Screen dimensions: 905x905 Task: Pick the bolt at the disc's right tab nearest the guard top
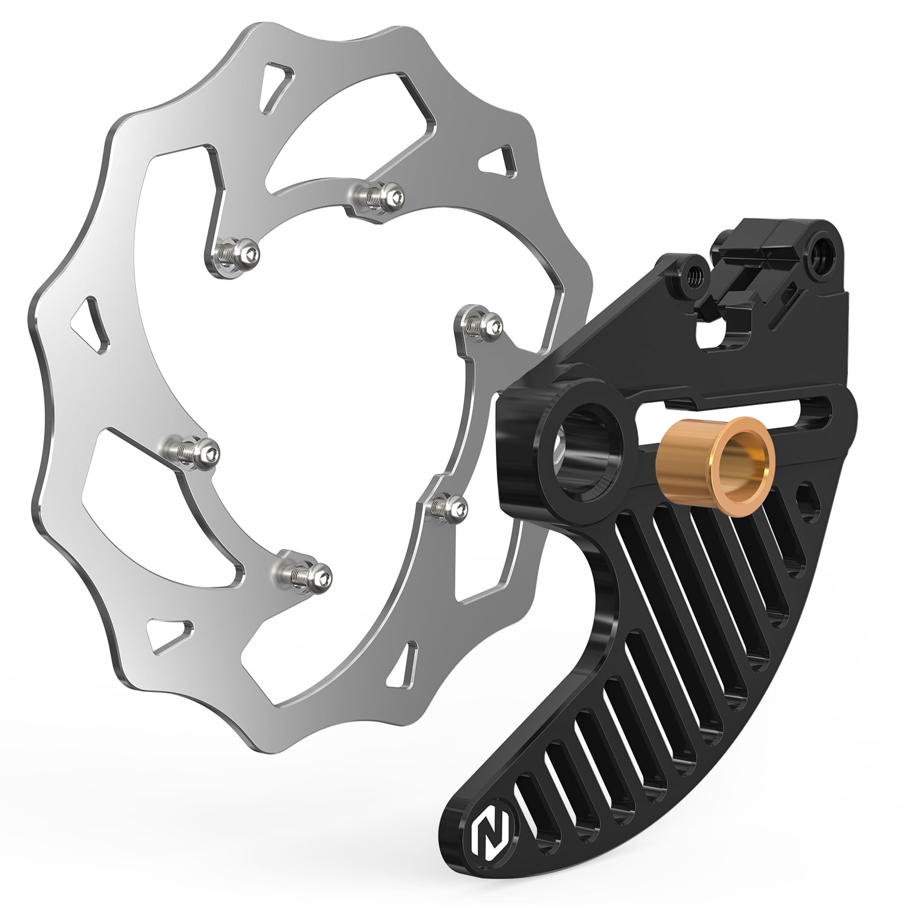[481, 325]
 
